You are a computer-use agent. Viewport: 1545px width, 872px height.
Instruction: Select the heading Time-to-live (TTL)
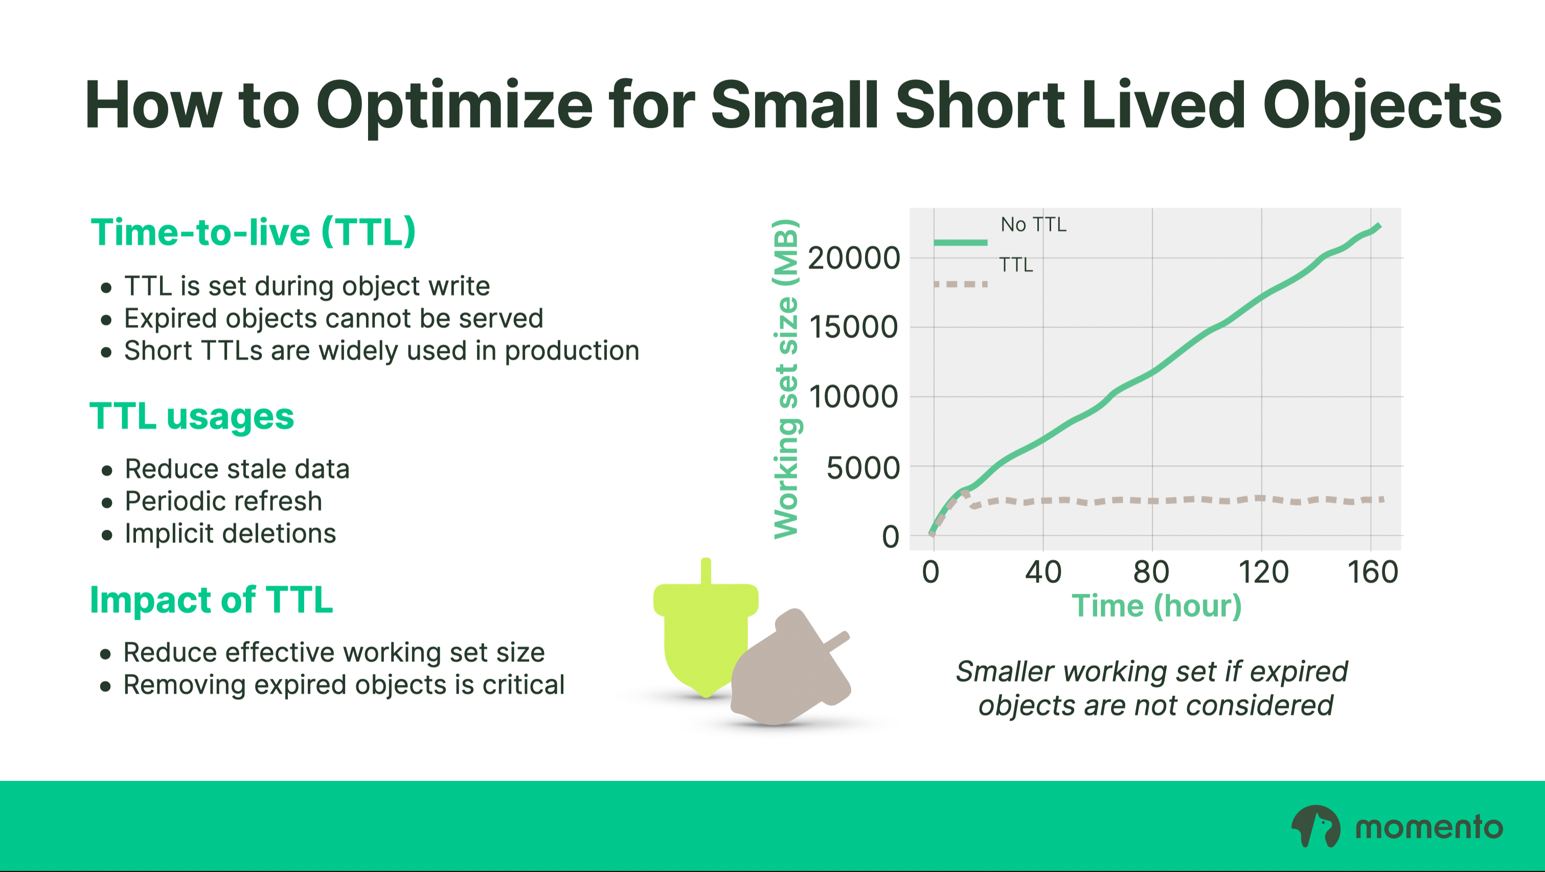click(x=253, y=232)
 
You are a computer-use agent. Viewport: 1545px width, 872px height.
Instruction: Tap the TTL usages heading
click(x=192, y=416)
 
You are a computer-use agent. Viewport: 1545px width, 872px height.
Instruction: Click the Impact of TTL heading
click(x=211, y=600)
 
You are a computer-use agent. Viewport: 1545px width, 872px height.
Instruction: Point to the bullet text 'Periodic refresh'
click(x=223, y=501)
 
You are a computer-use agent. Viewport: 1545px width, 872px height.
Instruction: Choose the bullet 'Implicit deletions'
click(x=230, y=534)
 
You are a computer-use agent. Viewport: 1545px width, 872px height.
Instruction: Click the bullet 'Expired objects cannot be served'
click(x=333, y=318)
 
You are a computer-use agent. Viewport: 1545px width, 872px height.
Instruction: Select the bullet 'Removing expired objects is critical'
click(x=344, y=685)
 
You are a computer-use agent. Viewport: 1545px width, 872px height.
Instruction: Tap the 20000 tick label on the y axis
click(x=854, y=258)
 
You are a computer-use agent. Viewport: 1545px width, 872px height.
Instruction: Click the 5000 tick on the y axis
click(x=863, y=468)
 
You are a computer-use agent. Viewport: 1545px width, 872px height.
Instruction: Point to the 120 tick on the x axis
click(x=1264, y=572)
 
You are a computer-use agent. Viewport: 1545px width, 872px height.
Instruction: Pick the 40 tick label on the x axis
click(x=1043, y=572)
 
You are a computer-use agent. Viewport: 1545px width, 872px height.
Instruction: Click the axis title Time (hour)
click(x=1156, y=606)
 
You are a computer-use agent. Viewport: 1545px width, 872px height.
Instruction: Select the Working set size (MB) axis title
click(x=786, y=379)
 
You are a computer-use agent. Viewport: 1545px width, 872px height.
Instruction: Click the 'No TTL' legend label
click(x=1033, y=225)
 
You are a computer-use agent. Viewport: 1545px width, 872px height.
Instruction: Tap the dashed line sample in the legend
click(x=960, y=284)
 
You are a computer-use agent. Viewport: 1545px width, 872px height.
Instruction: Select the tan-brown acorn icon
click(x=790, y=667)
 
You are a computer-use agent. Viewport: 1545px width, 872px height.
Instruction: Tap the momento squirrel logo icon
click(x=1316, y=826)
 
